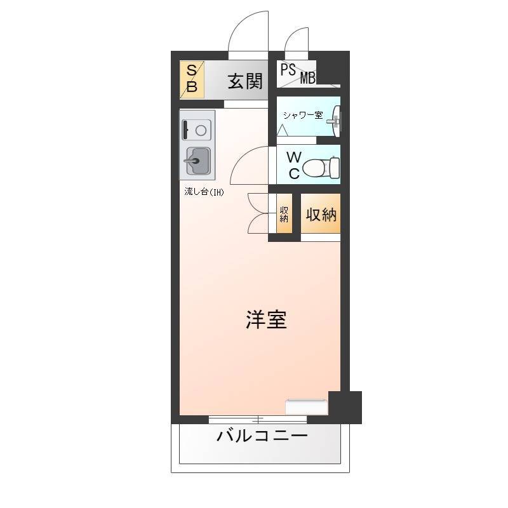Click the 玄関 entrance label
[x=245, y=81]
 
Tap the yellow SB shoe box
[x=192, y=79]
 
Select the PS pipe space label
[x=288, y=70]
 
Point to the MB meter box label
[x=308, y=78]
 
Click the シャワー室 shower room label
[x=303, y=115]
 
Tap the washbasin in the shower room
[x=336, y=121]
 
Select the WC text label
[x=294, y=165]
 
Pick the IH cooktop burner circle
[x=201, y=130]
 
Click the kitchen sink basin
[x=198, y=161]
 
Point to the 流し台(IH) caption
[x=204, y=192]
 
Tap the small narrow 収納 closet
[x=284, y=213]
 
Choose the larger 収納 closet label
[x=321, y=214]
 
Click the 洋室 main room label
[x=266, y=319]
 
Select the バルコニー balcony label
[x=262, y=436]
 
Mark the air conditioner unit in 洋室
[x=307, y=407]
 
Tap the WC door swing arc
[x=241, y=156]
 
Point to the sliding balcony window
[x=258, y=420]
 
